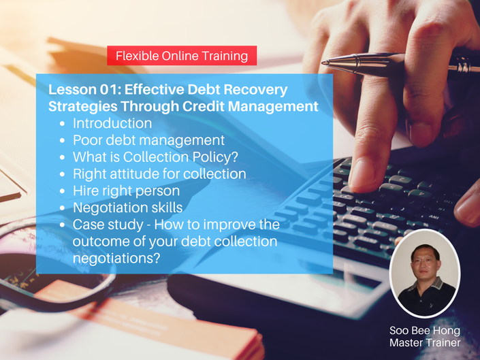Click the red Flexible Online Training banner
point(182,56)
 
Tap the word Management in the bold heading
point(273,107)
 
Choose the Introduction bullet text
point(112,123)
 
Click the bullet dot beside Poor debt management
point(63,140)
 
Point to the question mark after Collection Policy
point(234,157)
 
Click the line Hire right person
point(126,191)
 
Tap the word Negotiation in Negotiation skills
point(110,208)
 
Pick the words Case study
point(108,225)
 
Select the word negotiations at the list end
point(116,259)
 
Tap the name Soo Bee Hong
point(425,331)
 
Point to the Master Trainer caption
point(425,342)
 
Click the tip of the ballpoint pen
point(323,63)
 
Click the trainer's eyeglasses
point(424,261)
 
